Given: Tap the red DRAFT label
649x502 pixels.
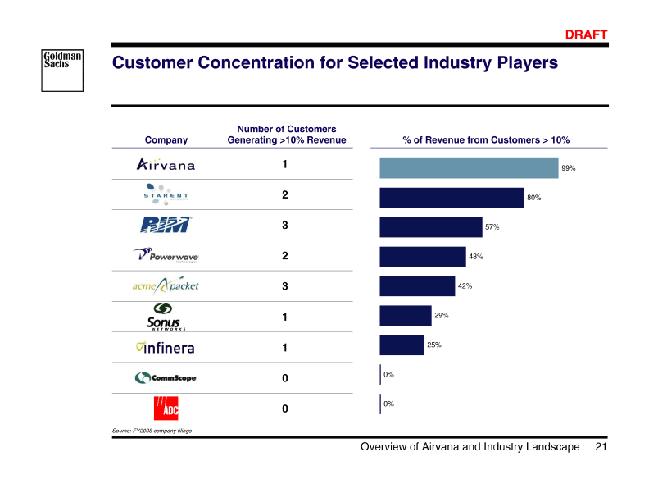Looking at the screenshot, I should coord(587,34).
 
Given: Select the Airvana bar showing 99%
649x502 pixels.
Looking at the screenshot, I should coord(469,168).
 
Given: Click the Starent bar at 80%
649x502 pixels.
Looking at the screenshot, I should coord(452,198).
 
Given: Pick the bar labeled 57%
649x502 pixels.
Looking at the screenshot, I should coord(431,227).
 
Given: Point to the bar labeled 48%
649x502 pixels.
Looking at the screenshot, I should coord(423,257).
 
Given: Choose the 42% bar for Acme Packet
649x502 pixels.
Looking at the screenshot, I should coord(417,286).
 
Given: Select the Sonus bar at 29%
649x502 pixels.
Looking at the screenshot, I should coord(406,316).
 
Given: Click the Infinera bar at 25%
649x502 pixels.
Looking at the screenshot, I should coord(402,345).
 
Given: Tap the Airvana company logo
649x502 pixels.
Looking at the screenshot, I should coord(166,165).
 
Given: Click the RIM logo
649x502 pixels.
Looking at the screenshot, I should coord(166,225).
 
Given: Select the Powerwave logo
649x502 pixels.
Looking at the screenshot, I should coord(166,255).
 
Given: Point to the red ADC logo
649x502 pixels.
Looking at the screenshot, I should coord(166,408).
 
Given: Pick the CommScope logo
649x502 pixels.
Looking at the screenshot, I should coord(166,378).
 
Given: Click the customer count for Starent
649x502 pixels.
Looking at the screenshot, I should coord(285,195).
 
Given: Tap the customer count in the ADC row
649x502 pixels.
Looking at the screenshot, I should coord(285,408).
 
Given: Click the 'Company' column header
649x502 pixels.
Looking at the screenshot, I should coord(166,140).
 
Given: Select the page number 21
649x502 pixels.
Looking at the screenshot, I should coord(601,447).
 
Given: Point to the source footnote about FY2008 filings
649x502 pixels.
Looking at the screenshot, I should coord(152,430).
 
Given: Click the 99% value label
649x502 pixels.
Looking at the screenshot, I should coord(568,168).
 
